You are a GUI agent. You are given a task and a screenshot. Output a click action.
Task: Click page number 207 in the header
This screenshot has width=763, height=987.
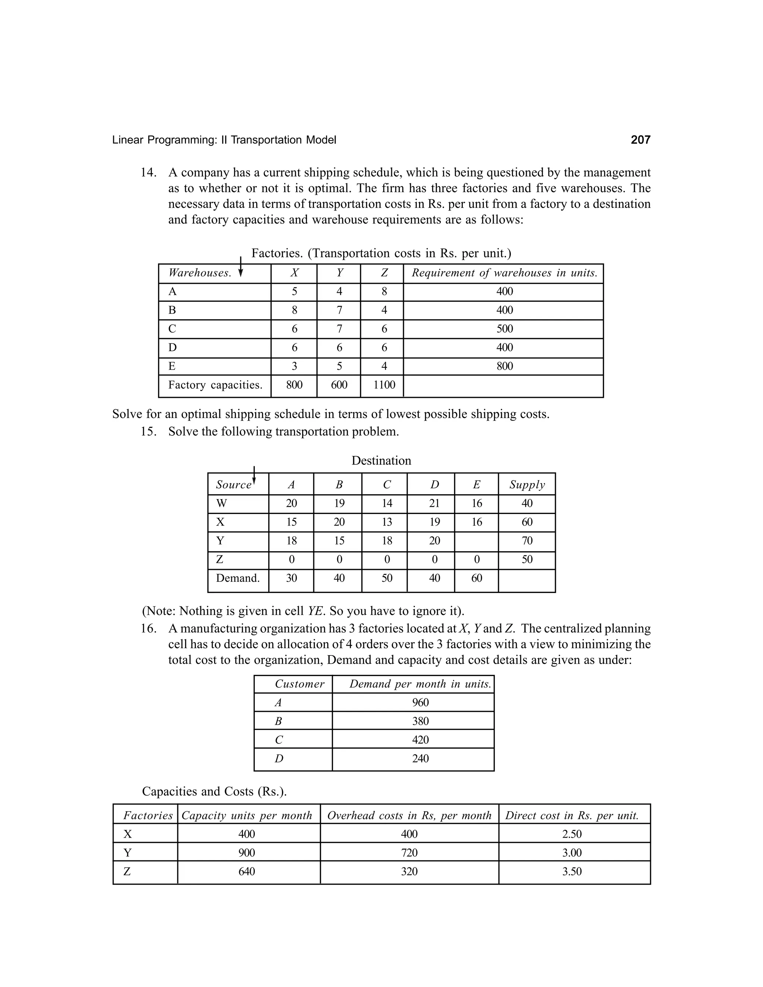(x=640, y=140)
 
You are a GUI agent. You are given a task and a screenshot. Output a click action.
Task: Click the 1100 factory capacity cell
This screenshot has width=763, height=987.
(x=384, y=385)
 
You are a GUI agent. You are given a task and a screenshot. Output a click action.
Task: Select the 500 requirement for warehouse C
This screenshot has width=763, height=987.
(x=504, y=329)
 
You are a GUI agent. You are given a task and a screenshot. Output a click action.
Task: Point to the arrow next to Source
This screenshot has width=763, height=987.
(x=254, y=476)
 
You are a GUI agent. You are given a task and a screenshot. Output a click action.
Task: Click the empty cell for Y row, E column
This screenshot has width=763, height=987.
(x=477, y=541)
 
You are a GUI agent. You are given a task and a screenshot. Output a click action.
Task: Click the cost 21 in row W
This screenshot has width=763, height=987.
(x=434, y=504)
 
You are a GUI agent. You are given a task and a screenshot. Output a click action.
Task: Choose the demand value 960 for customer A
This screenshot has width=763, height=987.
(x=420, y=702)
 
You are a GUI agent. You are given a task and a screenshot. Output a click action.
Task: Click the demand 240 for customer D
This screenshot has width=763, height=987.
(x=420, y=758)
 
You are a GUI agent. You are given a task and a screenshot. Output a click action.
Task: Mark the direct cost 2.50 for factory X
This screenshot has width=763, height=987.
(x=572, y=834)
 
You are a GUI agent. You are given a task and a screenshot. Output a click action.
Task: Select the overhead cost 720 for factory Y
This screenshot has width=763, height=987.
(x=409, y=853)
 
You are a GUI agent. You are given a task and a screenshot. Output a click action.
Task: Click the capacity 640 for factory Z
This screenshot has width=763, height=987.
(x=246, y=871)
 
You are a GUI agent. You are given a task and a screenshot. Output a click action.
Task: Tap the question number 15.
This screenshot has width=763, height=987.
(x=148, y=432)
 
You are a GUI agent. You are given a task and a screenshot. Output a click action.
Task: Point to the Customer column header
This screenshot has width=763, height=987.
(x=299, y=684)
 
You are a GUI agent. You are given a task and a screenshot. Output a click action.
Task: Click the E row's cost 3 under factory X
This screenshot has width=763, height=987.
(x=294, y=366)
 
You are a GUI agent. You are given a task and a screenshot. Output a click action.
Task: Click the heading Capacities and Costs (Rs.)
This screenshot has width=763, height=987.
(x=214, y=791)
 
